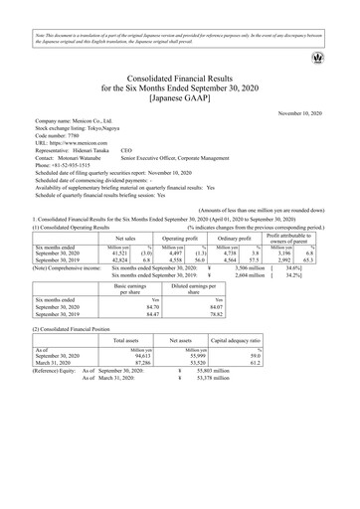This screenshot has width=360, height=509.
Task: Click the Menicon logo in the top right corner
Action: [345, 58]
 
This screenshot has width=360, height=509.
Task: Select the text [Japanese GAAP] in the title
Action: [180, 97]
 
